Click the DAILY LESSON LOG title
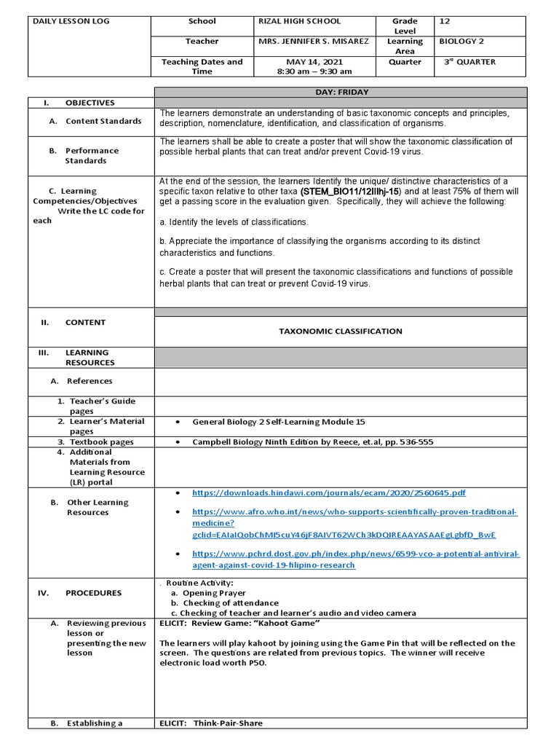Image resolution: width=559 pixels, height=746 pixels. [71, 21]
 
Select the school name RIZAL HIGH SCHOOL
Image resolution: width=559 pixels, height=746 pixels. [299, 21]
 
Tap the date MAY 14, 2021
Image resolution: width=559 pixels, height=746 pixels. [314, 62]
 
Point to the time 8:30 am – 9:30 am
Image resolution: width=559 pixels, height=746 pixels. [314, 71]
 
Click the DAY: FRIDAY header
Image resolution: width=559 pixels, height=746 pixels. [340, 93]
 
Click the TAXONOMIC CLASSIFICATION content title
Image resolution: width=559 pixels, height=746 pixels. [340, 331]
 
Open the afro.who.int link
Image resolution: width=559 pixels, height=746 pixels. [354, 512]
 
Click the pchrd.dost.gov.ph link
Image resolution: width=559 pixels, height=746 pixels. [355, 554]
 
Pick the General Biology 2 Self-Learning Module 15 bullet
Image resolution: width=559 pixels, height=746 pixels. [279, 422]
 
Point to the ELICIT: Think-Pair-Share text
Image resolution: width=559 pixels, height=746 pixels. [211, 723]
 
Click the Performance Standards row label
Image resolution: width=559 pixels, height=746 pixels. [92, 155]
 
